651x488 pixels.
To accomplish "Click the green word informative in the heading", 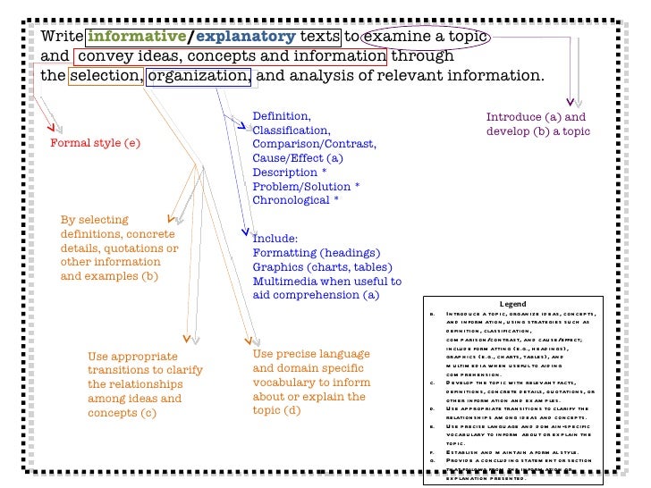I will tap(135, 37).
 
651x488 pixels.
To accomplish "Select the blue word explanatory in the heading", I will tap(245, 37).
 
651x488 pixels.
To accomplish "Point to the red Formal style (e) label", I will tap(95, 143).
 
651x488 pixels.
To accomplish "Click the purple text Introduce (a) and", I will tap(536, 117).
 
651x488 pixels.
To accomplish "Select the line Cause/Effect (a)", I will tap(298, 158).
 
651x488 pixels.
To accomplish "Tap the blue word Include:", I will tap(275, 239).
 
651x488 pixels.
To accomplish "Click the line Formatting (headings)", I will tap(312, 253).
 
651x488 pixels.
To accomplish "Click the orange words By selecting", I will tap(94, 220).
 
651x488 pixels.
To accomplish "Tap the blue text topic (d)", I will tap(277, 410).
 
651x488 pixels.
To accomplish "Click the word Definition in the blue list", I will tap(281, 117).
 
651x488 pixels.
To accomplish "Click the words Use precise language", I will tap(310, 354).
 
